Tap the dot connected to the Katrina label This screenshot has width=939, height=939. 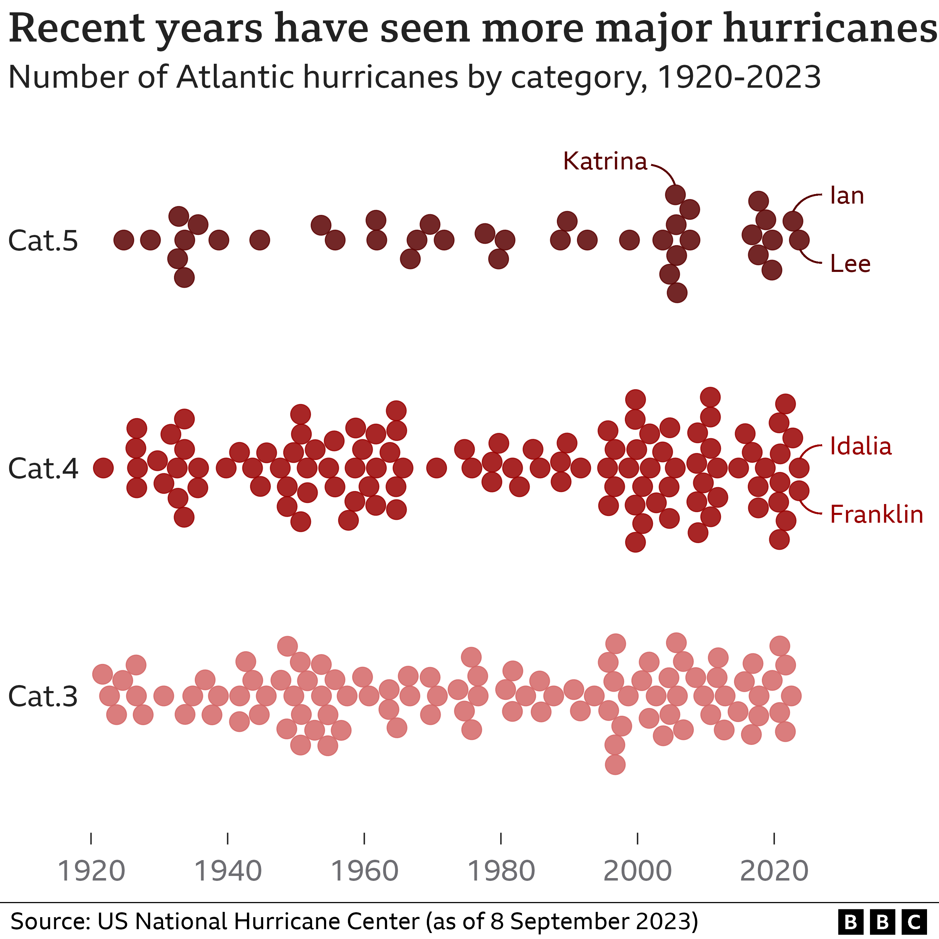point(675,195)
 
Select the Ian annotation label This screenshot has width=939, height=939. point(847,196)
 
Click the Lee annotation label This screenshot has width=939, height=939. point(850,264)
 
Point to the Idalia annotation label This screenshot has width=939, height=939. point(860,446)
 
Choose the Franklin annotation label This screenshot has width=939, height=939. point(876,514)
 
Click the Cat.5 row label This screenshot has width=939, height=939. point(43,241)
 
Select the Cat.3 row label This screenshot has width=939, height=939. point(43,696)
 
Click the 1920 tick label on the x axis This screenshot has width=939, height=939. point(91,871)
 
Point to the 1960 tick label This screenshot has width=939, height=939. point(365,871)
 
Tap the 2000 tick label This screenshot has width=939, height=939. point(637,871)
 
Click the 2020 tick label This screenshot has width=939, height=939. point(774,871)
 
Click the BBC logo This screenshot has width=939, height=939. point(882,921)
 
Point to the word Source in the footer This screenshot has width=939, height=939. point(49,921)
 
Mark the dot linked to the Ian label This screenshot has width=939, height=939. point(793,221)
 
